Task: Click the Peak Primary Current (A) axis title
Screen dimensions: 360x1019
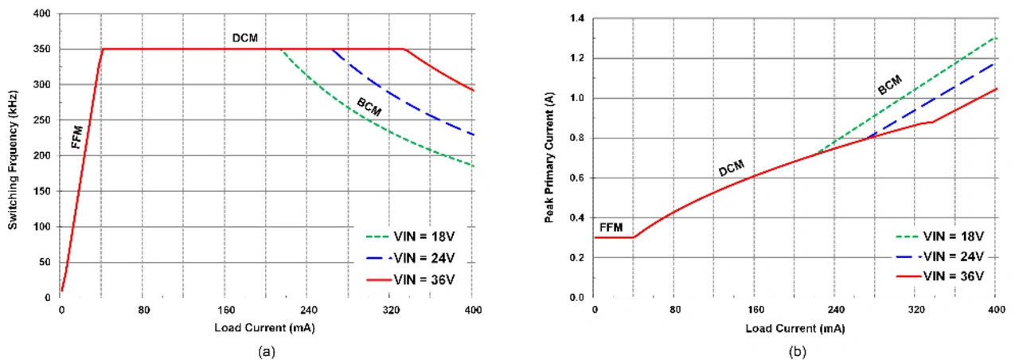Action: (x=549, y=155)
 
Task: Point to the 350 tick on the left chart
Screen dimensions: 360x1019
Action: (x=41, y=49)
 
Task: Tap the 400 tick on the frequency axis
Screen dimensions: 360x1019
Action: (x=41, y=14)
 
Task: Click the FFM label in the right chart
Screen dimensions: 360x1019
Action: (x=611, y=228)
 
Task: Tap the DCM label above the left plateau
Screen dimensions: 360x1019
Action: (x=245, y=37)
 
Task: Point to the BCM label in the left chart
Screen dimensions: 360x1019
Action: (x=369, y=107)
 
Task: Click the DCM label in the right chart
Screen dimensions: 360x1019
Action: (x=732, y=169)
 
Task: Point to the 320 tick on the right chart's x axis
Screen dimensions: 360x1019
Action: (x=916, y=310)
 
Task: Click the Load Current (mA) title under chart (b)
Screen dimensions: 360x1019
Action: (x=794, y=328)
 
